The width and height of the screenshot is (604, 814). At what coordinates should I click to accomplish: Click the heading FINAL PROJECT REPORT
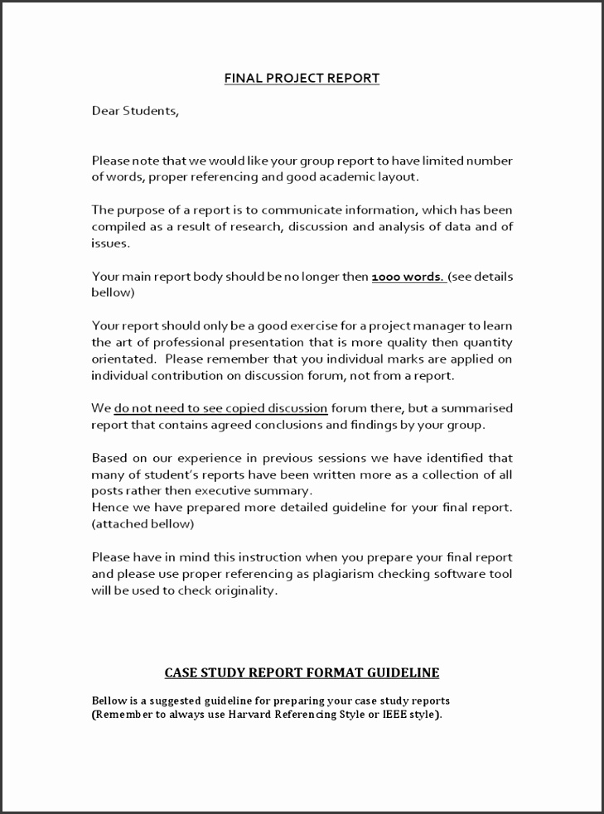pos(302,79)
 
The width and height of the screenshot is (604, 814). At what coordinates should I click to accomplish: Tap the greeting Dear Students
pos(135,111)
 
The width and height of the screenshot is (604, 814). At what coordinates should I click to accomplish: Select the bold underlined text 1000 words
pos(408,277)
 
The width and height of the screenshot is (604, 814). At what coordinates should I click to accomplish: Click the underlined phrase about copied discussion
pos(220,408)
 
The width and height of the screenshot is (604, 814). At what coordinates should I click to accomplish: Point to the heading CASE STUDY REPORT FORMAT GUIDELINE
pos(302,672)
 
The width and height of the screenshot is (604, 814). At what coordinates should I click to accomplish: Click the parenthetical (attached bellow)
pos(143,524)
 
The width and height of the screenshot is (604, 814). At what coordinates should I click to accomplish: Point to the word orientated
pos(123,359)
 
